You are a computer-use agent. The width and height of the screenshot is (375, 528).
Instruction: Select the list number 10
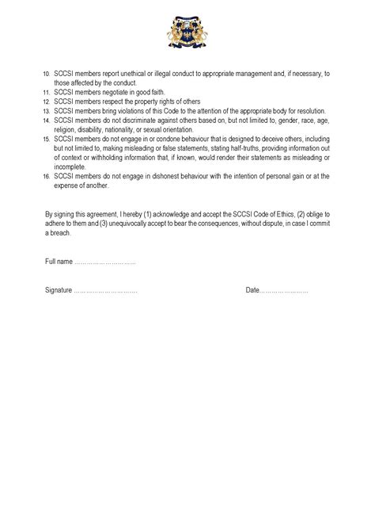point(46,74)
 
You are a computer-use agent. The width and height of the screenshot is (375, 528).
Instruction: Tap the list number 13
point(46,112)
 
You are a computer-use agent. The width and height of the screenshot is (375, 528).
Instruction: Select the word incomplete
point(70,166)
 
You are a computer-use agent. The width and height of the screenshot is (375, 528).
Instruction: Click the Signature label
point(59,290)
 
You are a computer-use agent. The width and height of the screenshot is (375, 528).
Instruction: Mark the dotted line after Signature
point(105,291)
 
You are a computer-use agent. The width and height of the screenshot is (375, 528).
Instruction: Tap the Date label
point(252,290)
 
